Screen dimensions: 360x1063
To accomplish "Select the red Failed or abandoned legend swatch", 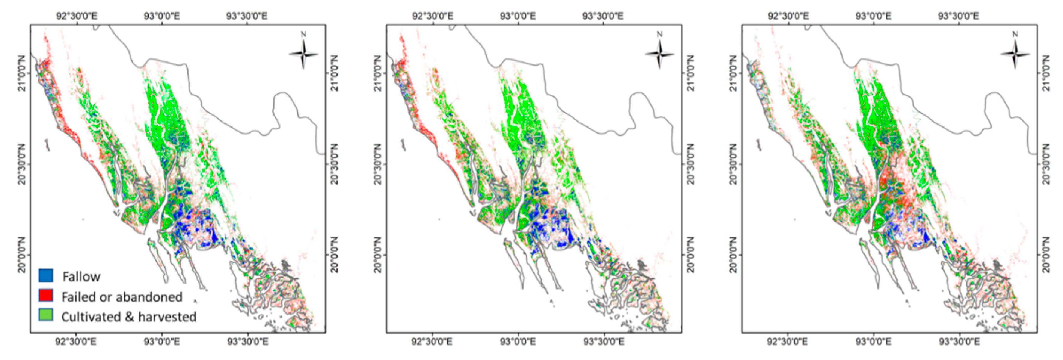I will coord(46,295).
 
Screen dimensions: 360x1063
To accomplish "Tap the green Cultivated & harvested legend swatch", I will coord(46,315).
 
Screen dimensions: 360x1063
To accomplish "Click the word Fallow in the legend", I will coord(81,276).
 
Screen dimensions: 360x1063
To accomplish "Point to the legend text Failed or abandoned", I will coord(122,296).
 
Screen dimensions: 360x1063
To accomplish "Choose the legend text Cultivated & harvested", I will coord(129,317).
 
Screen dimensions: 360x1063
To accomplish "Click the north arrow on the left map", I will coord(303,53).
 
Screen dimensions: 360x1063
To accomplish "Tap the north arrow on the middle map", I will coord(659,53).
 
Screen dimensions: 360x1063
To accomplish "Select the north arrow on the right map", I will coord(1015,53).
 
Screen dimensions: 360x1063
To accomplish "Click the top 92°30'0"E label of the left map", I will coord(77,16).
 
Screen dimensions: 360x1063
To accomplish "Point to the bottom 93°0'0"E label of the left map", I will coord(162,342).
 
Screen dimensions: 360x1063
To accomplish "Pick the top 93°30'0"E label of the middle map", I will coord(603,16).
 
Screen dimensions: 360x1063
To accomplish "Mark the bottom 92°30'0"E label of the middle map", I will coord(433,342).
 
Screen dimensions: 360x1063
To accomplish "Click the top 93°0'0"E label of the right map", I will coord(873,16).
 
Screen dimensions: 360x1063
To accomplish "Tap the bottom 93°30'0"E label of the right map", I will coord(958,342).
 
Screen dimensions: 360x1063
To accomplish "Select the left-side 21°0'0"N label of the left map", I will coord(21,73).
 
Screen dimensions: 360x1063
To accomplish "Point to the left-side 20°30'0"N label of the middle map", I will coord(377,164).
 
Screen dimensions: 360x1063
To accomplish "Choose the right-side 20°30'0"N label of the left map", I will coord(335,164).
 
